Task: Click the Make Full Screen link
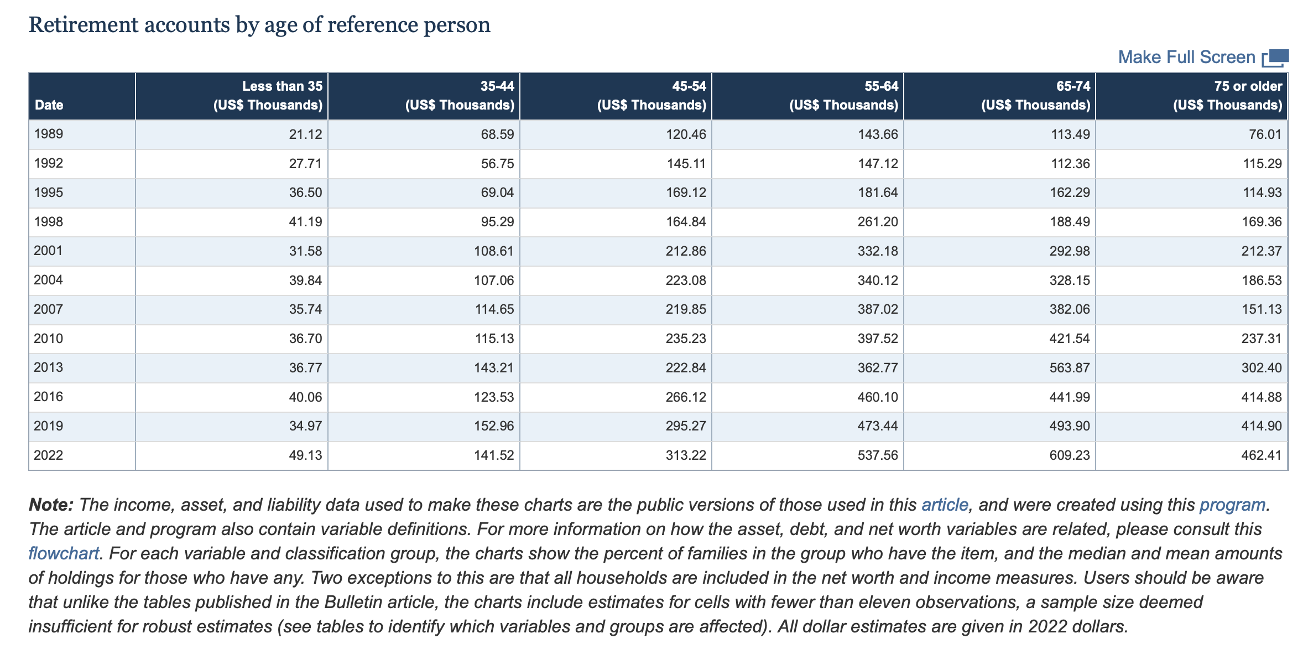coord(1186,57)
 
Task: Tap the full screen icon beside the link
coord(1276,58)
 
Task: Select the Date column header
coord(49,105)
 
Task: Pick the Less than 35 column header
coord(268,96)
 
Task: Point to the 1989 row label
coord(49,134)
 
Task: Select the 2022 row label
coord(49,455)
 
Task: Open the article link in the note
coord(945,505)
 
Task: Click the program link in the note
coord(1232,505)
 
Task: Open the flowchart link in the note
coord(64,553)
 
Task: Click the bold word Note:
coord(51,505)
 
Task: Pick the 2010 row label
coord(49,339)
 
